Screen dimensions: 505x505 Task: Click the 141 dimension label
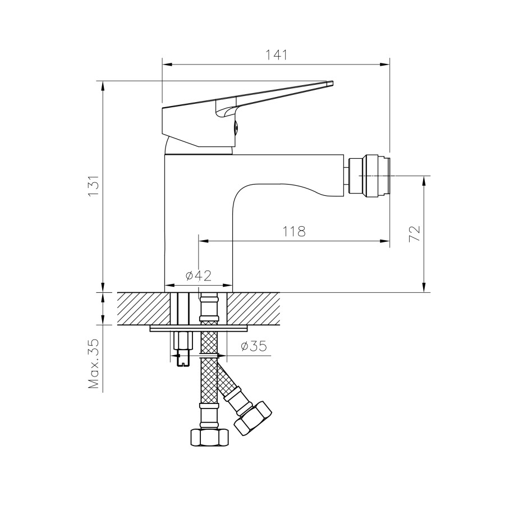pos(276,55)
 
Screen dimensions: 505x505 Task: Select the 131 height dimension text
pos(94,186)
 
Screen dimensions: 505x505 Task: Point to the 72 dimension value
pos(415,234)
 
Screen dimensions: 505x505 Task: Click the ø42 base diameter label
pos(199,276)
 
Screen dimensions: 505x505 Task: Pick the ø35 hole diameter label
pos(254,346)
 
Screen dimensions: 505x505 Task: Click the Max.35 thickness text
pos(94,364)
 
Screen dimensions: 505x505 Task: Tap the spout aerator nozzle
pos(369,176)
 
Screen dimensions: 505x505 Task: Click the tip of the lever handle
pos(332,83)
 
